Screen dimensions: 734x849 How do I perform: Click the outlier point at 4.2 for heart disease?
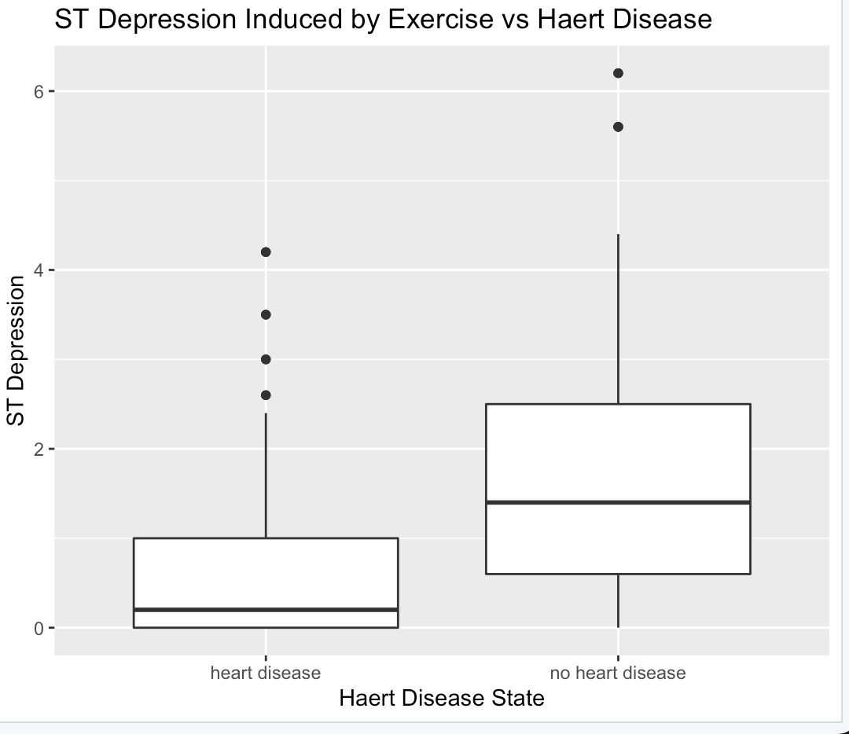266,251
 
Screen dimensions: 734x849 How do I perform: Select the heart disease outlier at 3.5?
266,314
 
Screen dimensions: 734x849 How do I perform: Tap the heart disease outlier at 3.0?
266,359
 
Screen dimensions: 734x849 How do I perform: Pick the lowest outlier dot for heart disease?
266,395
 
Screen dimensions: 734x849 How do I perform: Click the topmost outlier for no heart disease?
618,73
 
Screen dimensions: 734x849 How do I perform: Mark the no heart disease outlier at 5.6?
618,127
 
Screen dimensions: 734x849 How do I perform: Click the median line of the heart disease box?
266,609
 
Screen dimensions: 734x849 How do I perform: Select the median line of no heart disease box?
618,502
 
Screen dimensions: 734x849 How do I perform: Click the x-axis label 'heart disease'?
266,673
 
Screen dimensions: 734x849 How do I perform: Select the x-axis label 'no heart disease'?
618,673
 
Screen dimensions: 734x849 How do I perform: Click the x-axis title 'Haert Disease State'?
442,698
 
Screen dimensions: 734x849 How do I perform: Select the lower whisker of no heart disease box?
618,601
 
